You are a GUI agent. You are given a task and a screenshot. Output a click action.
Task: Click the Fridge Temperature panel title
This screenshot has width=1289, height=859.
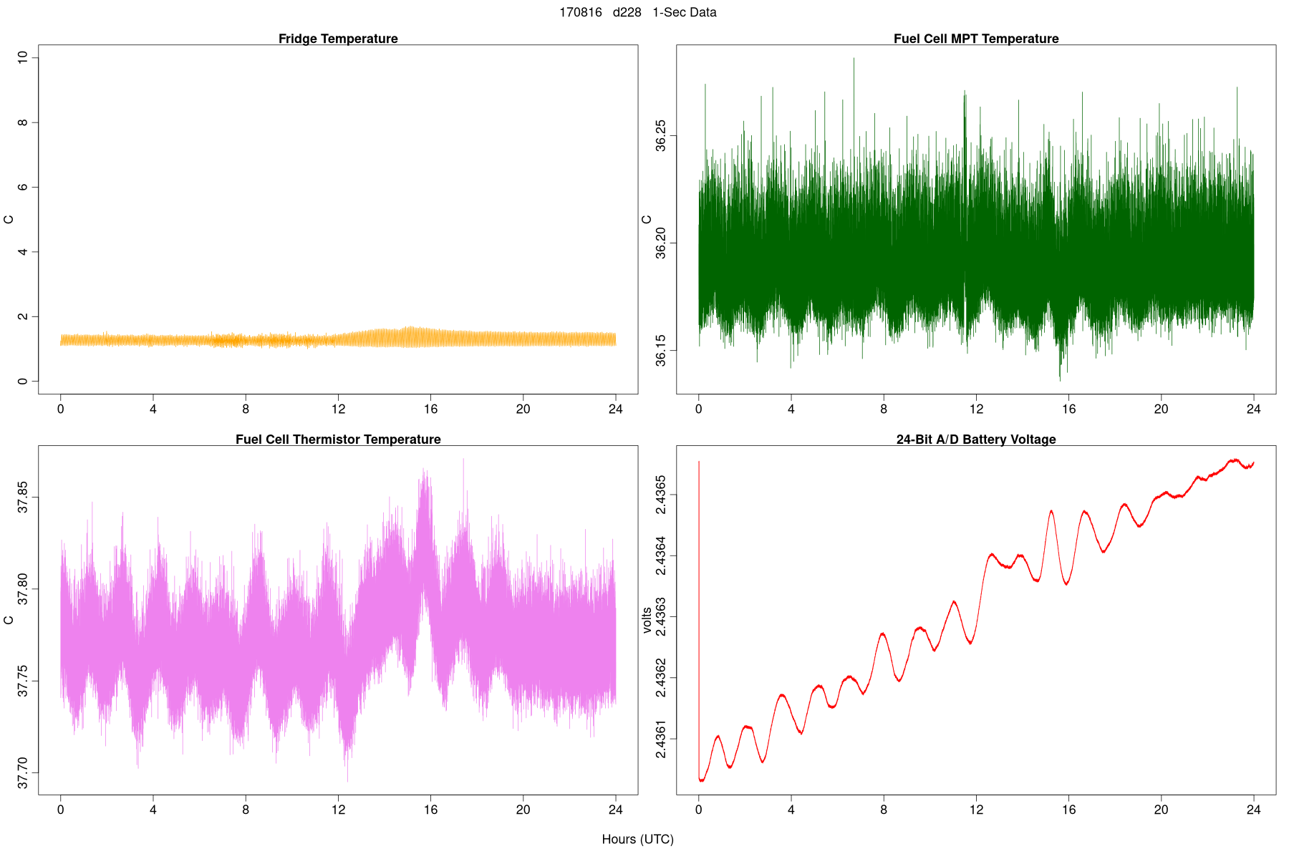338,39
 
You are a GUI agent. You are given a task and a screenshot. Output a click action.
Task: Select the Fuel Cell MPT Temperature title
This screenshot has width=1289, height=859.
975,39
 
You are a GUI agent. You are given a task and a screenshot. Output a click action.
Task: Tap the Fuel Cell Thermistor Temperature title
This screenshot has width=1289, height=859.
338,440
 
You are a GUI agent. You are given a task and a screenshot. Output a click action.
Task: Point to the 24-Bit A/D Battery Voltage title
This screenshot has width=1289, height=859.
975,440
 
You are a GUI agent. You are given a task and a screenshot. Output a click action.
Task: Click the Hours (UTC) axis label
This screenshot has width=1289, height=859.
637,839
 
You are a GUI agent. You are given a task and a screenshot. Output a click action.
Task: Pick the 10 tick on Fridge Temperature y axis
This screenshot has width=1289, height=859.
23,57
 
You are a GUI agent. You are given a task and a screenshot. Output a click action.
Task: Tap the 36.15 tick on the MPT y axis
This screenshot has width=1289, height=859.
661,350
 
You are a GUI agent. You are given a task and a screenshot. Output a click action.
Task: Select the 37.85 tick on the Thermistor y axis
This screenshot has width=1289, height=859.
23,498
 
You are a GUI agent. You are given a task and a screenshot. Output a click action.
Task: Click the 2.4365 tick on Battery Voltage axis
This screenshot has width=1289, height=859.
661,495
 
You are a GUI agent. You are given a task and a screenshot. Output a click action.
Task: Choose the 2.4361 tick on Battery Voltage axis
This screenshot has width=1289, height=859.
661,739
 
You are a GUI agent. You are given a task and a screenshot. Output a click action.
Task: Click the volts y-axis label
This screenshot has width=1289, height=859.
647,620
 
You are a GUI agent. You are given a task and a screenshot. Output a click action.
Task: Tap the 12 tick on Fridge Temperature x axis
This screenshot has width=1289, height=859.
338,409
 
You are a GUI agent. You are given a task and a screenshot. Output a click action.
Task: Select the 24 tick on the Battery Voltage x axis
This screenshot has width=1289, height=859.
1253,810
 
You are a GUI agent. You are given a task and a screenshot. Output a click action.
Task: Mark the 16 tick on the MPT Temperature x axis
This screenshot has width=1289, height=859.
1068,409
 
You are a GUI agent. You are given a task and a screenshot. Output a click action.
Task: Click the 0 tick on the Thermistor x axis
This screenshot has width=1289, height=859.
61,810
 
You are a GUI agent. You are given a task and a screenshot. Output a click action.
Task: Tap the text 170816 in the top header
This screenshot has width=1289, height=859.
581,13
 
